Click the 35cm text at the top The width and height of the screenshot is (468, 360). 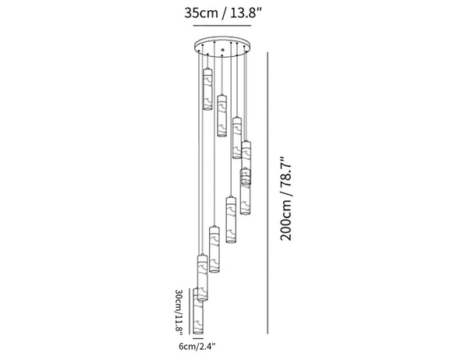[x=201, y=13]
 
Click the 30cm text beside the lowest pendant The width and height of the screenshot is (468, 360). [x=179, y=298]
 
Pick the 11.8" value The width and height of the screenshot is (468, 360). [x=179, y=323]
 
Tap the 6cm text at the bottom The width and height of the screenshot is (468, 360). [x=187, y=347]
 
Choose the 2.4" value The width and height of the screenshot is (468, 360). [x=206, y=347]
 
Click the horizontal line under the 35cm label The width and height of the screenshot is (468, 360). [x=222, y=26]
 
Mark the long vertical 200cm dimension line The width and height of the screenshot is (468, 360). [x=268, y=193]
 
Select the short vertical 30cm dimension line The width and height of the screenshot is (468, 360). [x=190, y=311]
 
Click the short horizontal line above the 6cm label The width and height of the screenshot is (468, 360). [x=198, y=338]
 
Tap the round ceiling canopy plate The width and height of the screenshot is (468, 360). [x=222, y=46]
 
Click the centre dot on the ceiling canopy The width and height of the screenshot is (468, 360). [x=222, y=51]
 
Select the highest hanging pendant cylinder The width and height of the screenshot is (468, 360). [x=207, y=89]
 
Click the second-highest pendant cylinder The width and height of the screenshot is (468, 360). [x=222, y=116]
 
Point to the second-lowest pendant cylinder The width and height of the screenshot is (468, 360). [x=203, y=277]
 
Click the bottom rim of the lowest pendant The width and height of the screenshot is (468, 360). [x=198, y=333]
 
